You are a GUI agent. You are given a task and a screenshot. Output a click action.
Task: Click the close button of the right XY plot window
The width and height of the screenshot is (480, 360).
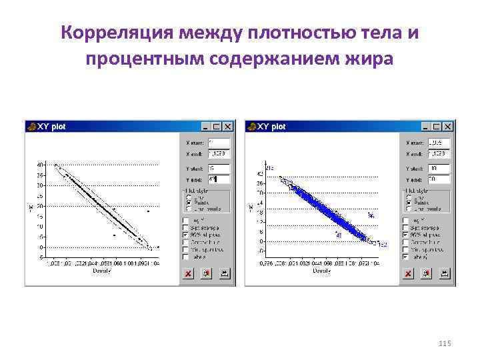(x=449, y=126)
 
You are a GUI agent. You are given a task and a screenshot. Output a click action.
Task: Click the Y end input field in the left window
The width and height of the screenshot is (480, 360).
(x=219, y=179)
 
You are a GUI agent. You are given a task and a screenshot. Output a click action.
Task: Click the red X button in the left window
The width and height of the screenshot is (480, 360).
(x=188, y=273)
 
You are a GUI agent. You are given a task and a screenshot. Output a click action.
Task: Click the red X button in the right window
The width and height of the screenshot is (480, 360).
(x=408, y=273)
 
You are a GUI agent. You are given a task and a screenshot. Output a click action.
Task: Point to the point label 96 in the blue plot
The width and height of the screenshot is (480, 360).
(x=371, y=215)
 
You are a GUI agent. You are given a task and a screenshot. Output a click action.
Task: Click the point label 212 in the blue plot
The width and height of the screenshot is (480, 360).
(x=270, y=166)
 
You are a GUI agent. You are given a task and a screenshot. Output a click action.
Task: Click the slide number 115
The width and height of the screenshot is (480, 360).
(x=445, y=343)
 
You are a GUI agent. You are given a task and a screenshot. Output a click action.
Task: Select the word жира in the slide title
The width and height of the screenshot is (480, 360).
(x=367, y=59)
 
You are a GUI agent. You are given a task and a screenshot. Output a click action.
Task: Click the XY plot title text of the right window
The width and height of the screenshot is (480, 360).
(x=271, y=126)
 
